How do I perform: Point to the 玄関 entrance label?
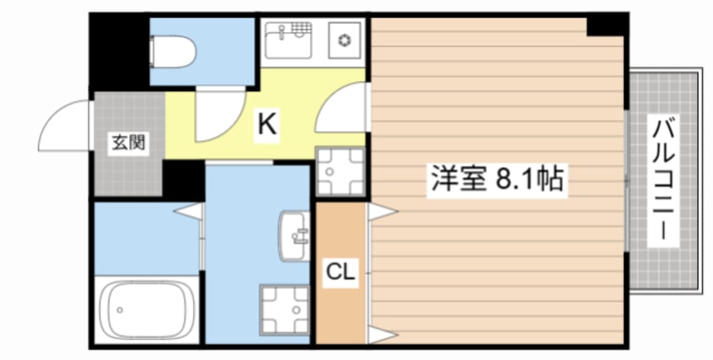(129, 142)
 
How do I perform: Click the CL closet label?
(340, 271)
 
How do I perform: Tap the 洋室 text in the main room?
(457, 180)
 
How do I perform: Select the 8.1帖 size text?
(528, 180)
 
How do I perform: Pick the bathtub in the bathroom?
(148, 309)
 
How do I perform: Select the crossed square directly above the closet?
(340, 172)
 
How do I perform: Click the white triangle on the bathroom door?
(191, 211)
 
